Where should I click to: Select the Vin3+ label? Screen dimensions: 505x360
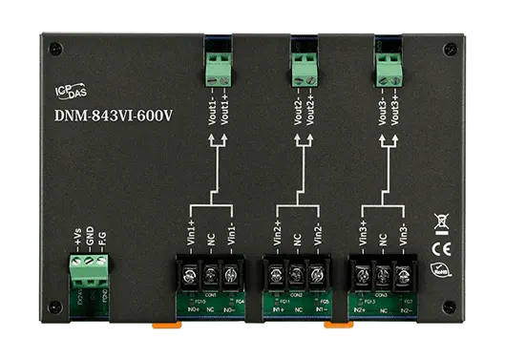(x=364, y=233)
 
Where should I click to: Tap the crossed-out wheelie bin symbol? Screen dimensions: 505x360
(x=441, y=224)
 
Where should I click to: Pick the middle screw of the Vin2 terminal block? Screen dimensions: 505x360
(x=297, y=277)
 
